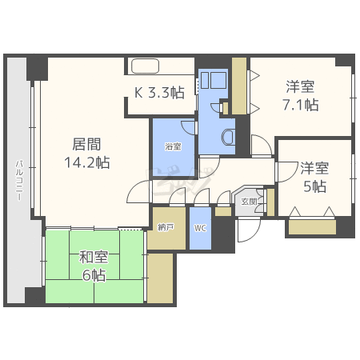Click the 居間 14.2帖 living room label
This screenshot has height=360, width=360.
click(86, 153)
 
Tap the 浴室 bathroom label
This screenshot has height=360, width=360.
click(173, 147)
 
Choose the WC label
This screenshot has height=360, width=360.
click(200, 228)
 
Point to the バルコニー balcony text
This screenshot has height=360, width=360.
click(18, 185)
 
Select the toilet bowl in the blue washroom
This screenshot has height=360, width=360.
click(229, 137)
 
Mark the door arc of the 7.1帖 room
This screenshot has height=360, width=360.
click(261, 146)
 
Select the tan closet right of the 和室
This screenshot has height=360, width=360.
click(161, 277)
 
